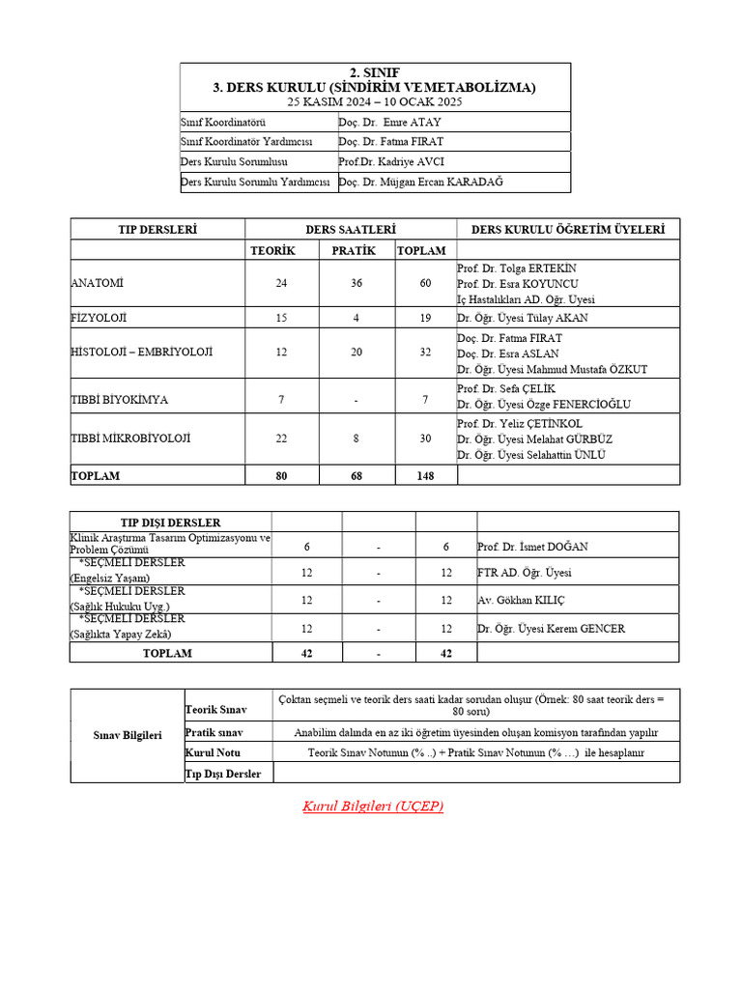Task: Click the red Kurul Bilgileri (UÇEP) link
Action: coord(373,805)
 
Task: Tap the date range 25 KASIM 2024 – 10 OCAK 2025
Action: coord(375,100)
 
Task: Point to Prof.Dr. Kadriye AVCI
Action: coord(390,162)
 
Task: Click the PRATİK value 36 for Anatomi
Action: coord(357,283)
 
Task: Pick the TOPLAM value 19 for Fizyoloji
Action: coord(425,318)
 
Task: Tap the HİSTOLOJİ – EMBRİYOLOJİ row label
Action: coord(141,353)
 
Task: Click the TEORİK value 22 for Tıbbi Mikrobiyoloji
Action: coord(281,438)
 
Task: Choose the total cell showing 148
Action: coord(425,475)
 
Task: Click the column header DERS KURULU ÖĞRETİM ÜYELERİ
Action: coord(567,229)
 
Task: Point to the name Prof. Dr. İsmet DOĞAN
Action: coord(532,547)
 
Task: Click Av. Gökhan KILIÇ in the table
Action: coord(522,600)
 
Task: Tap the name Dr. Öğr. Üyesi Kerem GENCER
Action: coord(551,629)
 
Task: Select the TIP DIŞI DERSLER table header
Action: coord(170,523)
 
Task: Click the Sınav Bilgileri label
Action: coord(127,735)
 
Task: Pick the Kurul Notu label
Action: coord(214,752)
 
